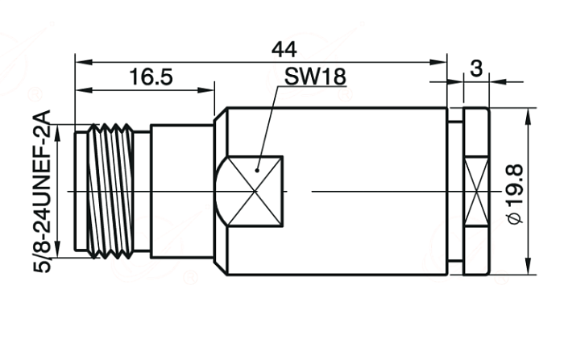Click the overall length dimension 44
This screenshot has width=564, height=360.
pos(284,50)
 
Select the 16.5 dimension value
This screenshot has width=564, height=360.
pos(151,77)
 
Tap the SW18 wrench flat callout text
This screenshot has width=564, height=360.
pos(315,77)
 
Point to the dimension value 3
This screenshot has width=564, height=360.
pos(476,68)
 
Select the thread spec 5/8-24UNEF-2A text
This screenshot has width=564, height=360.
pos(42,192)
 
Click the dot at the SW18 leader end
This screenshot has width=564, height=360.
pos(257,170)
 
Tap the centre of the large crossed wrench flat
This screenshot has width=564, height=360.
pos(255,192)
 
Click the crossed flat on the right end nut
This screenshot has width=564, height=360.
pos(476,191)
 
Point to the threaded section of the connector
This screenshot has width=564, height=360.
pos(110,191)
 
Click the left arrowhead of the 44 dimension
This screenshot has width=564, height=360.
pos(84,62)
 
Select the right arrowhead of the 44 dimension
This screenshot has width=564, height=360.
pos(438,62)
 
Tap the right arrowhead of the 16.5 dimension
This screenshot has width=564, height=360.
pos(206,89)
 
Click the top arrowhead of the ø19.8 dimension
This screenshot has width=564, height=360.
pos(528,116)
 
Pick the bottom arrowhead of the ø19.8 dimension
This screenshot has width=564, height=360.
pos(528,266)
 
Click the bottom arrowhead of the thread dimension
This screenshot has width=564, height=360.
pos(57,250)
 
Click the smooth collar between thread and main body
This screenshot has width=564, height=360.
pos(182,191)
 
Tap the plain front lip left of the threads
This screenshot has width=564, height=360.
pos(81,191)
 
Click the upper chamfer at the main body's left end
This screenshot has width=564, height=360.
pos(220,113)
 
